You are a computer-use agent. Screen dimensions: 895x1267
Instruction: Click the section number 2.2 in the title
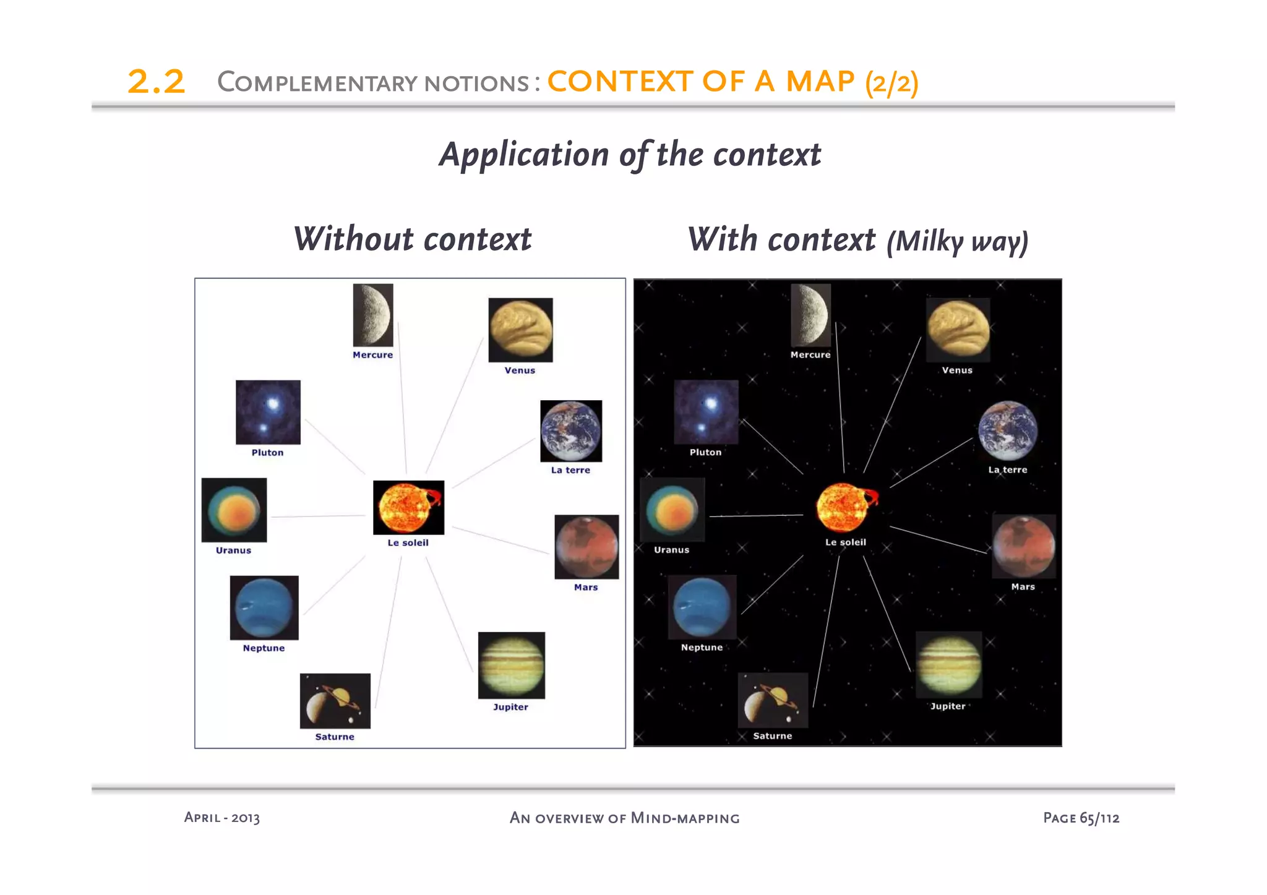[156, 82]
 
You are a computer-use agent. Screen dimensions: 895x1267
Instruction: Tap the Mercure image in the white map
[372, 315]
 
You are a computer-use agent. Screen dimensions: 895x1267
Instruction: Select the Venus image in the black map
[958, 330]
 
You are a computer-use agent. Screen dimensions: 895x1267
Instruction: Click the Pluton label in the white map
[267, 453]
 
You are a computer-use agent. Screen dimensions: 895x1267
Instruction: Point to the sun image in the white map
[408, 507]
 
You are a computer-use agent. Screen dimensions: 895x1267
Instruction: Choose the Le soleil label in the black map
[845, 542]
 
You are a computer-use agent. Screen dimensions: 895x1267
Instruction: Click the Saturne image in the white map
[335, 701]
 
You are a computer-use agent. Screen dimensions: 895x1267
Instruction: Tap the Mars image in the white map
[586, 547]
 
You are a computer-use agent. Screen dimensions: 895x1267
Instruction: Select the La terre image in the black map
[1007, 430]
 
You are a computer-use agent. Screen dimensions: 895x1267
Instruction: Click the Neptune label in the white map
[264, 648]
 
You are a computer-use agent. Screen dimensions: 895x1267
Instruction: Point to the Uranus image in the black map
[672, 510]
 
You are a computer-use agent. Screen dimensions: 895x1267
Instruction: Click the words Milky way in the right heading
[957, 241]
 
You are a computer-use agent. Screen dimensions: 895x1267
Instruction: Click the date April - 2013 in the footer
[221, 818]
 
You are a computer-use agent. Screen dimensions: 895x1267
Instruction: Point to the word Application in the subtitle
[524, 155]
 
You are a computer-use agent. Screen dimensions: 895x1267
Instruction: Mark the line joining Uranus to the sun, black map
[756, 515]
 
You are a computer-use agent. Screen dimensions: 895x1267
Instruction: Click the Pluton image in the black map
[706, 412]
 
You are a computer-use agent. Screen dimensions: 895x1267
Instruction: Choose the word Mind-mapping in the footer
[685, 818]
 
